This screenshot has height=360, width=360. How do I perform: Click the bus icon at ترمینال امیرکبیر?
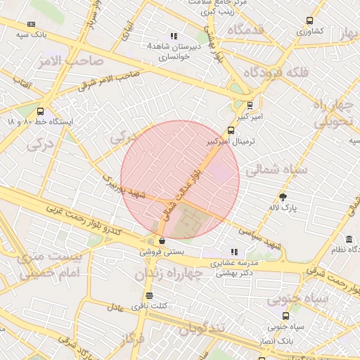point(231,130)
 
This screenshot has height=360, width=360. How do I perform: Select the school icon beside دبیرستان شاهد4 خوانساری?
point(174,36)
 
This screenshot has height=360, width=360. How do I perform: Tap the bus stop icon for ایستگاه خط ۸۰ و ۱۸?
point(40,111)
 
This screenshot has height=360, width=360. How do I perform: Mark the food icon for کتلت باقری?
point(148,295)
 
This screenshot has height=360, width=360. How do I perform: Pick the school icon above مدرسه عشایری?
point(234,251)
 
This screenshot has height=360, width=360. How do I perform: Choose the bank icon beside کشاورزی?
point(310,21)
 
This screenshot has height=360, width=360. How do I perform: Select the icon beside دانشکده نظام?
point(349,249)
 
